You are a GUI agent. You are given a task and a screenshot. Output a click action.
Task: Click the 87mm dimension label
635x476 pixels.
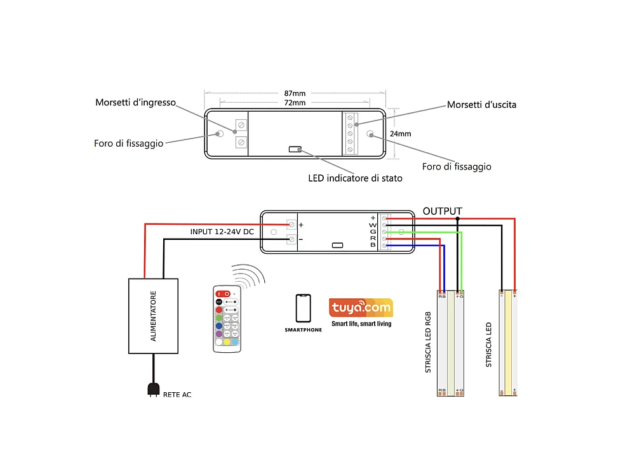295,93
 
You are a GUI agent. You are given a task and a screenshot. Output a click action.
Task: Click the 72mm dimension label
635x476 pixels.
295,102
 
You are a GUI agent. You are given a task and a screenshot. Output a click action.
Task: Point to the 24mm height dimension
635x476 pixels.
401,134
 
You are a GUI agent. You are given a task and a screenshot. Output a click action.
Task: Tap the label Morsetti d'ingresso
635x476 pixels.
135,102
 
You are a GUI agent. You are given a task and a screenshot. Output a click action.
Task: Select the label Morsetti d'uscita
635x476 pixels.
481,104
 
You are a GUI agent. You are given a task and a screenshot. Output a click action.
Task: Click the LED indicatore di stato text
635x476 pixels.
355,178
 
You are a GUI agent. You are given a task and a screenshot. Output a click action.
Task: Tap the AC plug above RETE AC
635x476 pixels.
152,388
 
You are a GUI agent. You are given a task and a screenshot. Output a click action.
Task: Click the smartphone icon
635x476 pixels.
303,308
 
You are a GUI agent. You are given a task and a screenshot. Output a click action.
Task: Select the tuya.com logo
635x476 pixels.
361,308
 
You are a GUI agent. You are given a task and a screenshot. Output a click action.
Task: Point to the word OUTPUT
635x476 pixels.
443,211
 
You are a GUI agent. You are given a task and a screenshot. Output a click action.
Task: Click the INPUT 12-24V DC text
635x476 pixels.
222,232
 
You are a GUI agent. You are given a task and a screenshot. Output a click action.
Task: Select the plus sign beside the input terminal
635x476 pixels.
301,225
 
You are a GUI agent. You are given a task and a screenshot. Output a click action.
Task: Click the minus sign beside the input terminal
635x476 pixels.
301,239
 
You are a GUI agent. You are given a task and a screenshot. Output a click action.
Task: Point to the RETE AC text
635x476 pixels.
177,395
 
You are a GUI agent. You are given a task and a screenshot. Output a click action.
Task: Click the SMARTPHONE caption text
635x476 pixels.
303,330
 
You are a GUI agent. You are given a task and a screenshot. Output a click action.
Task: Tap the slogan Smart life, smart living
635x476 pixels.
361,324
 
